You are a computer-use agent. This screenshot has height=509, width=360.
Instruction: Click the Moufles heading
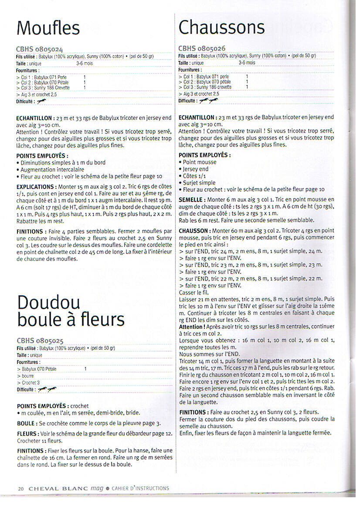(x=48, y=28)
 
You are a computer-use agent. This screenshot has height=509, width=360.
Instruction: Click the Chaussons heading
(x=221, y=27)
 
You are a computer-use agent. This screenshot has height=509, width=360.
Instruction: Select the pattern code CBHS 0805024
(x=40, y=50)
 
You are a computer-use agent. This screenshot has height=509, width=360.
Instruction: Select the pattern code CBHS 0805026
(x=202, y=48)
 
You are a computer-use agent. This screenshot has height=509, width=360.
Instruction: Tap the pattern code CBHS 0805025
(x=41, y=340)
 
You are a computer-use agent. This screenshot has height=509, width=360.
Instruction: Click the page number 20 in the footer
(x=21, y=489)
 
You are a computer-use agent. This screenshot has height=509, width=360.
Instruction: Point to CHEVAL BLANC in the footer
(x=58, y=489)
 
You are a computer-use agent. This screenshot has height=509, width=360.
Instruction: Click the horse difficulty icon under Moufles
(x=42, y=101)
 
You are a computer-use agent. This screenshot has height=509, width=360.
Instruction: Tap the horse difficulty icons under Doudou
(x=47, y=389)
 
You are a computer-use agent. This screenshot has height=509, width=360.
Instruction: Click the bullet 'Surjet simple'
(x=199, y=183)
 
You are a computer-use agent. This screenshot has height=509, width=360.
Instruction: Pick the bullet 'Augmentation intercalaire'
(x=52, y=170)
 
